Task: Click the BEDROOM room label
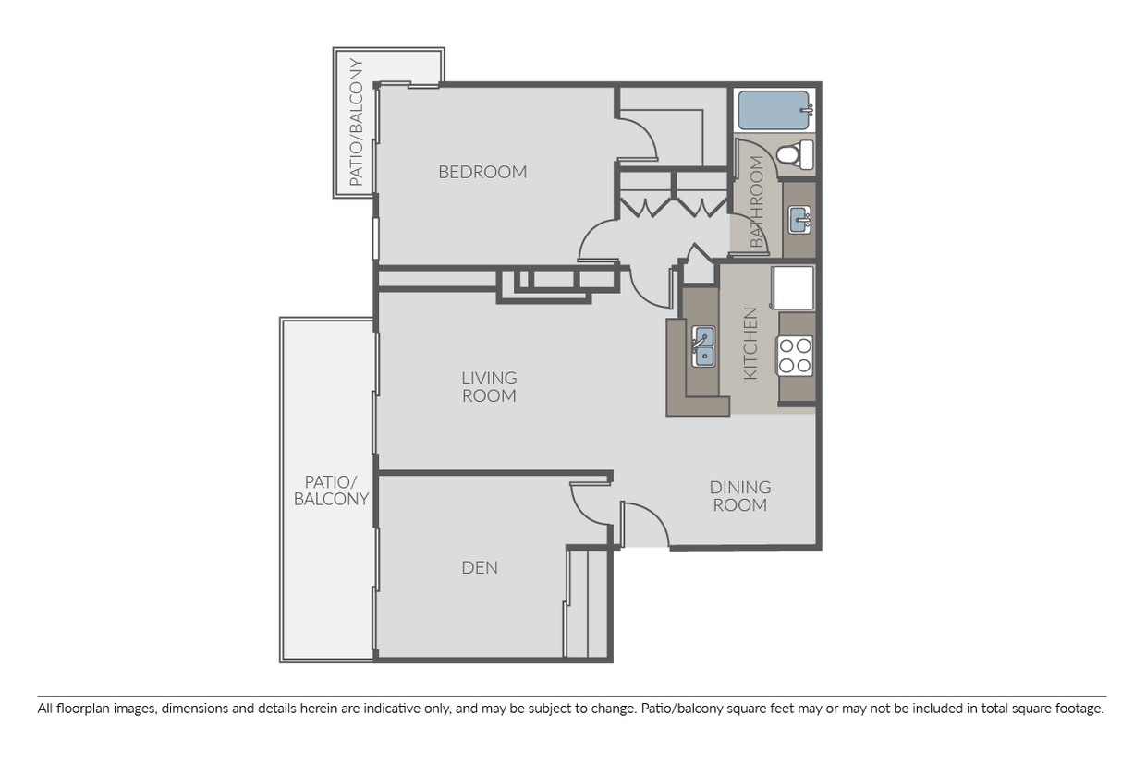click(x=482, y=172)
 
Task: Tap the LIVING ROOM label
click(x=489, y=386)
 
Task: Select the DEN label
click(x=480, y=567)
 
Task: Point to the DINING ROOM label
click(x=739, y=496)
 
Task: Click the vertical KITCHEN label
click(x=750, y=344)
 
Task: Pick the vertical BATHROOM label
click(x=756, y=201)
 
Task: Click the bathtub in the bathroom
click(x=774, y=110)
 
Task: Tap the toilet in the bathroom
click(x=795, y=154)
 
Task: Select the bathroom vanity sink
click(x=799, y=220)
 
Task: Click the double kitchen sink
click(x=703, y=346)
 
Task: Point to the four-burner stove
click(x=795, y=356)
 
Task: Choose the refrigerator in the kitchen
click(x=793, y=288)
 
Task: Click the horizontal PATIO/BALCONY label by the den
click(x=331, y=491)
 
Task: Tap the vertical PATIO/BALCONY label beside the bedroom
click(x=356, y=122)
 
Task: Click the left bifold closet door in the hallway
click(x=645, y=207)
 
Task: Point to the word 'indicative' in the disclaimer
click(x=393, y=709)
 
